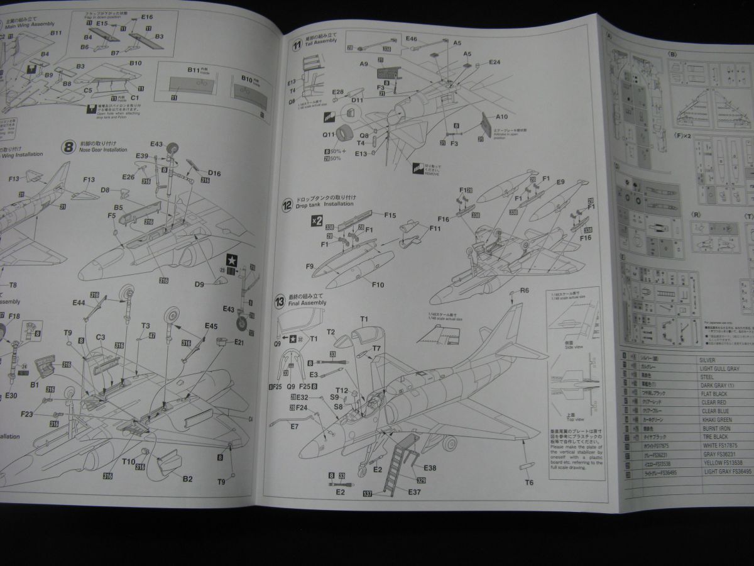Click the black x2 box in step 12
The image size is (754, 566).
pos(317,220)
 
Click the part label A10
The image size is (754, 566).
pos(501,117)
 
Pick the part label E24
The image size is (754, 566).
pos(494,62)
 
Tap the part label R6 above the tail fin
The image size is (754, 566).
pos(524,291)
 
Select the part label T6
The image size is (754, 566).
pos(529,482)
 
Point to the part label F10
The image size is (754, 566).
pos(378,285)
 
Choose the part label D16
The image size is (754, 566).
pos(214,173)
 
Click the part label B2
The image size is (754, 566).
pos(187,479)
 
